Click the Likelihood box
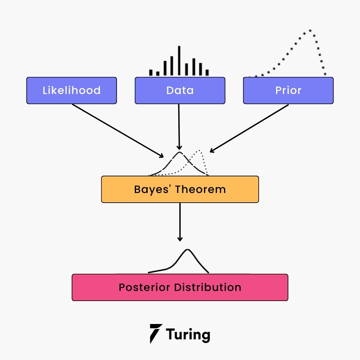coord(72,90)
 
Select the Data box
coord(180,90)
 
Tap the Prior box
coord(288,90)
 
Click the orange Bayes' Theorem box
coord(180,189)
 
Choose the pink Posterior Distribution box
coord(180,287)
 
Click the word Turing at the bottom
coord(188,334)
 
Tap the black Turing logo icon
coord(156,333)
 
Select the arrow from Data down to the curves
coord(179,127)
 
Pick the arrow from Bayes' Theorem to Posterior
coord(180,222)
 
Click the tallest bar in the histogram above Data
coord(179,61)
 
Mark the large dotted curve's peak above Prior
coord(310,30)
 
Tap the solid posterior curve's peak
coord(188,250)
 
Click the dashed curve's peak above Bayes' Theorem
coord(179,153)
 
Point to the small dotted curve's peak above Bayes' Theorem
coord(199,151)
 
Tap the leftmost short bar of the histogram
coord(151,73)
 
